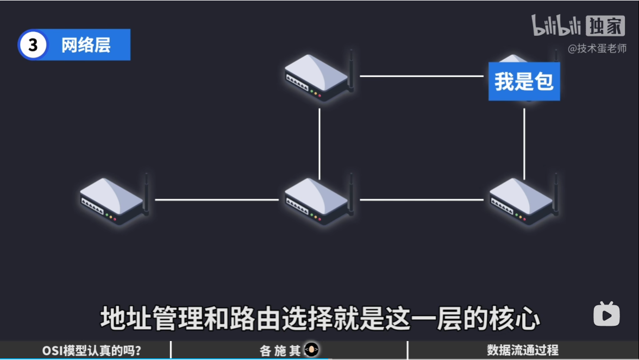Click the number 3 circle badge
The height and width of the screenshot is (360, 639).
pos(33,45)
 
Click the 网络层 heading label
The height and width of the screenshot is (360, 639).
pos(86,45)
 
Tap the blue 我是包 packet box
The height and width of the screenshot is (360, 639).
pos(524,81)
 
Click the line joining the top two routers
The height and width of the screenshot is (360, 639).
pos(421,76)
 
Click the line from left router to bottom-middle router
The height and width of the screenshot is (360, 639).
pos(216,200)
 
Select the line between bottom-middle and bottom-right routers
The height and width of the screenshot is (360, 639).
pos(421,200)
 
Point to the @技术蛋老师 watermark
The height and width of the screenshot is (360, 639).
pos(597,49)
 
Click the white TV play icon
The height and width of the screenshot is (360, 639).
pos(606,314)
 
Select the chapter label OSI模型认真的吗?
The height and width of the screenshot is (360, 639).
pos(92,351)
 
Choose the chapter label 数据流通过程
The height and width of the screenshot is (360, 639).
pos(522,351)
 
